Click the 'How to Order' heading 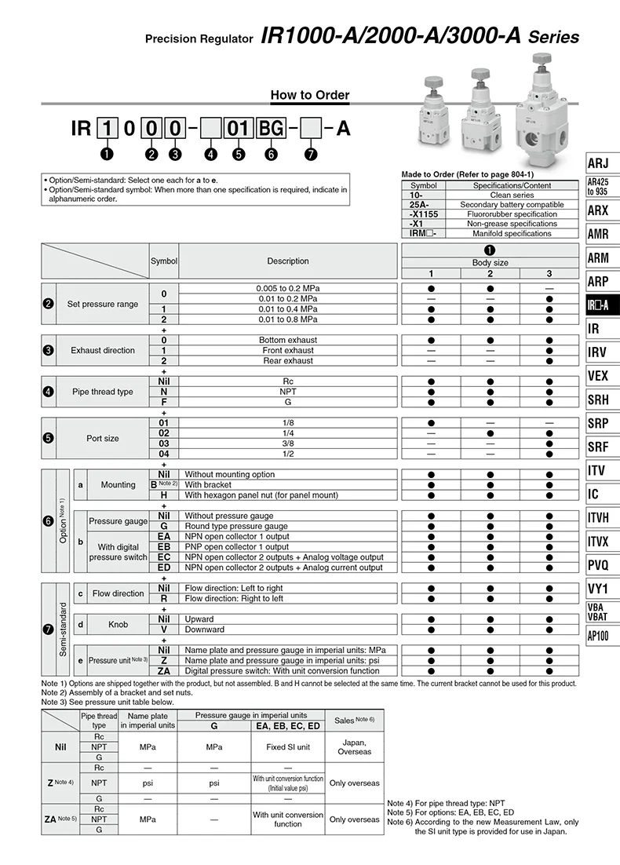point(310,95)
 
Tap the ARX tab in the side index point(598,210)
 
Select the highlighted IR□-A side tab point(598,305)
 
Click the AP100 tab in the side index point(598,636)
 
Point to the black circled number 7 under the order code point(311,154)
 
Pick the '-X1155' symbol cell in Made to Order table point(424,214)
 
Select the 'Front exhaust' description point(288,350)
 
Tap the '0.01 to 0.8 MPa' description point(288,319)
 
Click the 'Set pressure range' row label point(102,304)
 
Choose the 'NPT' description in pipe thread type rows point(288,392)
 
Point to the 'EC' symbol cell point(164,557)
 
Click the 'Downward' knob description point(204,630)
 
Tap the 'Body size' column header point(490,262)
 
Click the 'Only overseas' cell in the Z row point(354,783)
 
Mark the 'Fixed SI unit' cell point(288,746)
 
